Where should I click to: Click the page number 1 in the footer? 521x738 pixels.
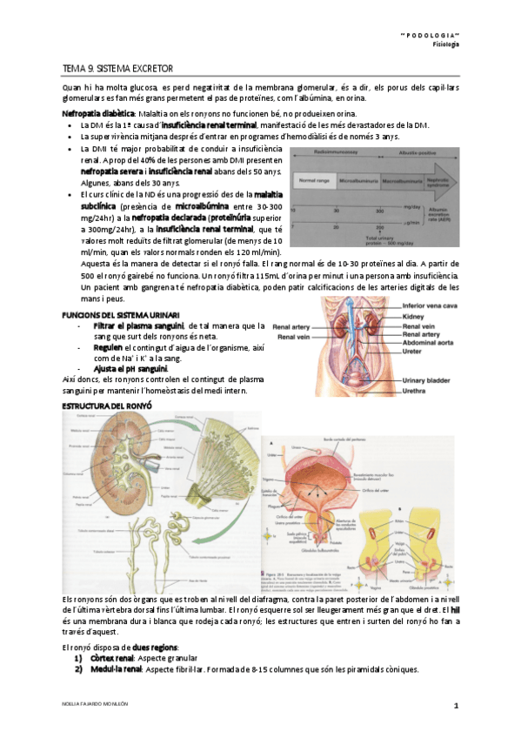click(x=455, y=703)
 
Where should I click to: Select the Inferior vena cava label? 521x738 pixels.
click(x=431, y=305)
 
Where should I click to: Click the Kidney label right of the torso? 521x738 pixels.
click(x=414, y=318)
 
